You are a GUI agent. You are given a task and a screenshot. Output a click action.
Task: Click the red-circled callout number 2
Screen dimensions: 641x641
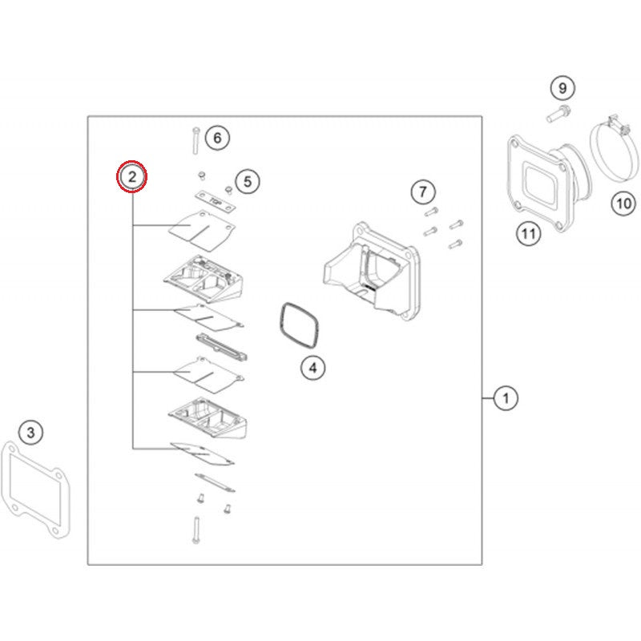[x=131, y=176]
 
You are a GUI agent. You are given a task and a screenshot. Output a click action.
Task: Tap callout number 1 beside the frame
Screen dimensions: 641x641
[x=506, y=397]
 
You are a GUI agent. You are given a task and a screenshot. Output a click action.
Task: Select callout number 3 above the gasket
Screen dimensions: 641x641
[x=30, y=432]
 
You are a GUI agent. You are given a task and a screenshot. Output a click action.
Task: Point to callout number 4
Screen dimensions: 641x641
[x=312, y=368]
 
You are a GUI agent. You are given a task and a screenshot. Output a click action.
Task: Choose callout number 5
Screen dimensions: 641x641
[x=248, y=181]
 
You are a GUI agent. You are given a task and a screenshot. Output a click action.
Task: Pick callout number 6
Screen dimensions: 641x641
[x=217, y=138]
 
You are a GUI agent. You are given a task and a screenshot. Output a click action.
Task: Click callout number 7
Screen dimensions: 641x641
[x=423, y=191]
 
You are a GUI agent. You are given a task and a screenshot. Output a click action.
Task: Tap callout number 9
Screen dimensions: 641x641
[x=562, y=88]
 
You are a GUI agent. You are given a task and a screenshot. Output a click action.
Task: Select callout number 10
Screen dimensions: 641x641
[x=624, y=204]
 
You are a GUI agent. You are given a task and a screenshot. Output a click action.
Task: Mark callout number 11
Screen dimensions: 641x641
[x=528, y=234]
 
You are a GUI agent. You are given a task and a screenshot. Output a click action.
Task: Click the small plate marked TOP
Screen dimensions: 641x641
[x=215, y=202]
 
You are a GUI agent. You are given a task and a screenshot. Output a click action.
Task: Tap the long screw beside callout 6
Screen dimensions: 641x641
[x=196, y=141]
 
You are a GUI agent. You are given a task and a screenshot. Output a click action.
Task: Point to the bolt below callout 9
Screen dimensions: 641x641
[x=558, y=114]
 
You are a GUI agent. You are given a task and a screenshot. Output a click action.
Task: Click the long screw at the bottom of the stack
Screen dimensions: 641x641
[x=196, y=530]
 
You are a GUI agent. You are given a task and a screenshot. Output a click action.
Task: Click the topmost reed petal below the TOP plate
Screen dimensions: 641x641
[x=201, y=231]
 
